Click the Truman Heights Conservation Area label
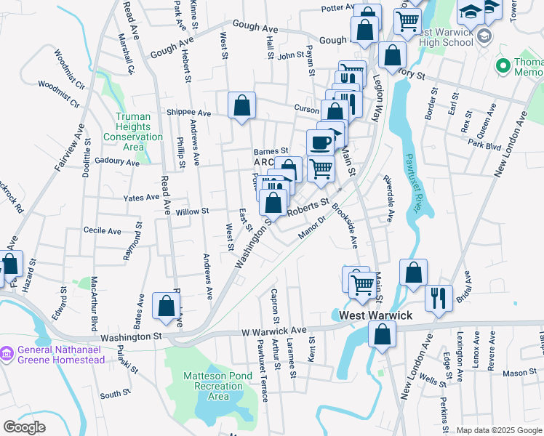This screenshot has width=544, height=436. (x=133, y=127)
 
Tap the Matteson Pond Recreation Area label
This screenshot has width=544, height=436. (x=206, y=386)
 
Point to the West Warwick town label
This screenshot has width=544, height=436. (x=375, y=315)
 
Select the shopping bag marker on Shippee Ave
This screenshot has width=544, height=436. (x=241, y=106)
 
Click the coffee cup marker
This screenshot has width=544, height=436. (x=320, y=142)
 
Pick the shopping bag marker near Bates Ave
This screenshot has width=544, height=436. (x=166, y=306)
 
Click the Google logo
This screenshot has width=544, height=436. (x=24, y=427)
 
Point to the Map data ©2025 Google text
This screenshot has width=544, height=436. (x=499, y=430)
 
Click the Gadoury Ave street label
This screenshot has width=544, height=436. (x=116, y=162)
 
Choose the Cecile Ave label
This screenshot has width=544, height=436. (x=103, y=231)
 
